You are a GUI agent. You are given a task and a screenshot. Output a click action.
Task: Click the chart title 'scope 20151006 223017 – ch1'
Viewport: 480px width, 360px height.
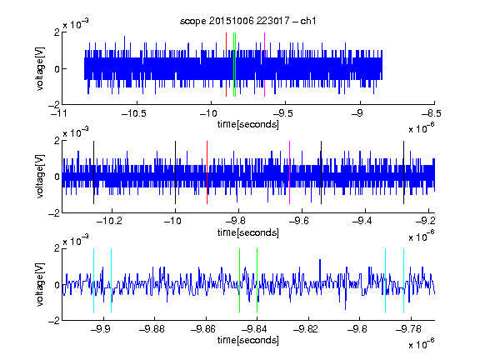coord(247,21)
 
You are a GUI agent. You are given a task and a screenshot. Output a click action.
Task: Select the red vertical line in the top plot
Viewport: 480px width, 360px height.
coord(226,65)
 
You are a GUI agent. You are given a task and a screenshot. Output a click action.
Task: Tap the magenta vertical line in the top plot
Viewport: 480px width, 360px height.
coord(264,65)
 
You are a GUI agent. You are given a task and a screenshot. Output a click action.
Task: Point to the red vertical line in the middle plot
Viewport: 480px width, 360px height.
coord(207,172)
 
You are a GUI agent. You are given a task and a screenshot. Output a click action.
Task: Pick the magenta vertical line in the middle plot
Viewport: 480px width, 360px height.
coord(290,172)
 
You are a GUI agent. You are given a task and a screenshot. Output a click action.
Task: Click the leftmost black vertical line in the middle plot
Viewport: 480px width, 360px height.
coord(93,172)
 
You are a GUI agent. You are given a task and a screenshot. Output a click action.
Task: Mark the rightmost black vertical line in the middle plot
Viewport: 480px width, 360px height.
coord(403,172)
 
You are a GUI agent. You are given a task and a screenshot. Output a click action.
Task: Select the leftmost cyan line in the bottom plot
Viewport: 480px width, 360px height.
coord(93,280)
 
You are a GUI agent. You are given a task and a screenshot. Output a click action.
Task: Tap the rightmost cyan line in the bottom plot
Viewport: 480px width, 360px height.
coord(403,280)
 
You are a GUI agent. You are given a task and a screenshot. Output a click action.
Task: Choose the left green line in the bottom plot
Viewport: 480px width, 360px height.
coord(239,280)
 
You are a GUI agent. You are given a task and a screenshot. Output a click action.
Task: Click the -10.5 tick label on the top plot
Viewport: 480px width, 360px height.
coord(134,113)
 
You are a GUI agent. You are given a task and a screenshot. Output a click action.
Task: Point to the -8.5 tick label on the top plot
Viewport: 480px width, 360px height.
coord(431,113)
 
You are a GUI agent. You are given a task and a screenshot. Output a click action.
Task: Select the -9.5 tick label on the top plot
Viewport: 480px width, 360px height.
coord(282,113)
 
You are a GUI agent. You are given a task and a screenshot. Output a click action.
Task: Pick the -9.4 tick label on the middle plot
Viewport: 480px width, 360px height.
coord(362,221)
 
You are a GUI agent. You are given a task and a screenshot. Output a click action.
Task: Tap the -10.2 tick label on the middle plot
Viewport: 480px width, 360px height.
coord(109,221)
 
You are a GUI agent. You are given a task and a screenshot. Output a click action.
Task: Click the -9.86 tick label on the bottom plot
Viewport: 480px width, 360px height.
coord(203,329)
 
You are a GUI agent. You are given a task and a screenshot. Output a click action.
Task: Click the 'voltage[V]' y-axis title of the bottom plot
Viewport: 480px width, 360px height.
coord(40,284)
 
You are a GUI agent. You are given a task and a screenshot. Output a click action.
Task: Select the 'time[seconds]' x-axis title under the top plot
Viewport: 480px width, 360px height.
coord(248,125)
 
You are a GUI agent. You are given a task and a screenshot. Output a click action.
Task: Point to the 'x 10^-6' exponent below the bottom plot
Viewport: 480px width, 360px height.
coord(422,344)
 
